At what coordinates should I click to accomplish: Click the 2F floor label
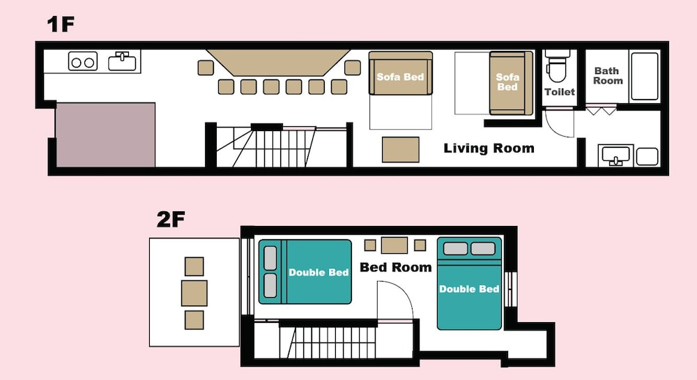point(171,219)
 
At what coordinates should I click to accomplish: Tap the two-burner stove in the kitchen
point(83,61)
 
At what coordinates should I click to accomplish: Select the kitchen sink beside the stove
point(122,61)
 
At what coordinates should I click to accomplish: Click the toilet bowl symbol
point(558,66)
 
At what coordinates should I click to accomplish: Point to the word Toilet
point(560,92)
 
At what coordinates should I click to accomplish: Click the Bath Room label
point(608,75)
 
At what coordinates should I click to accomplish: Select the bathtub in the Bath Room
point(645,76)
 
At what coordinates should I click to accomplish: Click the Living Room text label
point(489,148)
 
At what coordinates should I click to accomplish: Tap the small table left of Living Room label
point(401,150)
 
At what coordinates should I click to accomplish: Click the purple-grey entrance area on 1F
point(105,135)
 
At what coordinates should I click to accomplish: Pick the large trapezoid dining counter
point(279,63)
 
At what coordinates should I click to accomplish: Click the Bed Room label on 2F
point(396,267)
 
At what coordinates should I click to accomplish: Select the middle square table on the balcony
point(194,293)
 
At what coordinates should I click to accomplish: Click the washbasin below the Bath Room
point(615,155)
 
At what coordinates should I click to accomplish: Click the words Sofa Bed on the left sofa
point(400,77)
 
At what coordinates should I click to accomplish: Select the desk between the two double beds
point(395,245)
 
